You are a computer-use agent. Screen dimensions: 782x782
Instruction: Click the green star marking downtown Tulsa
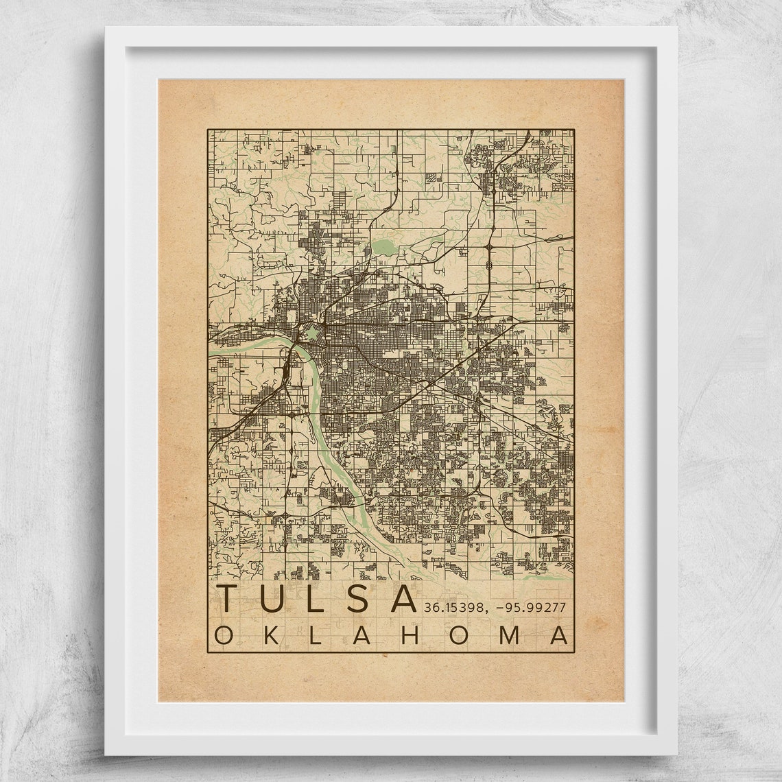click(313, 333)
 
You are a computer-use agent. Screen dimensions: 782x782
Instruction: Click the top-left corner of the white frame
click(106, 28)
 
